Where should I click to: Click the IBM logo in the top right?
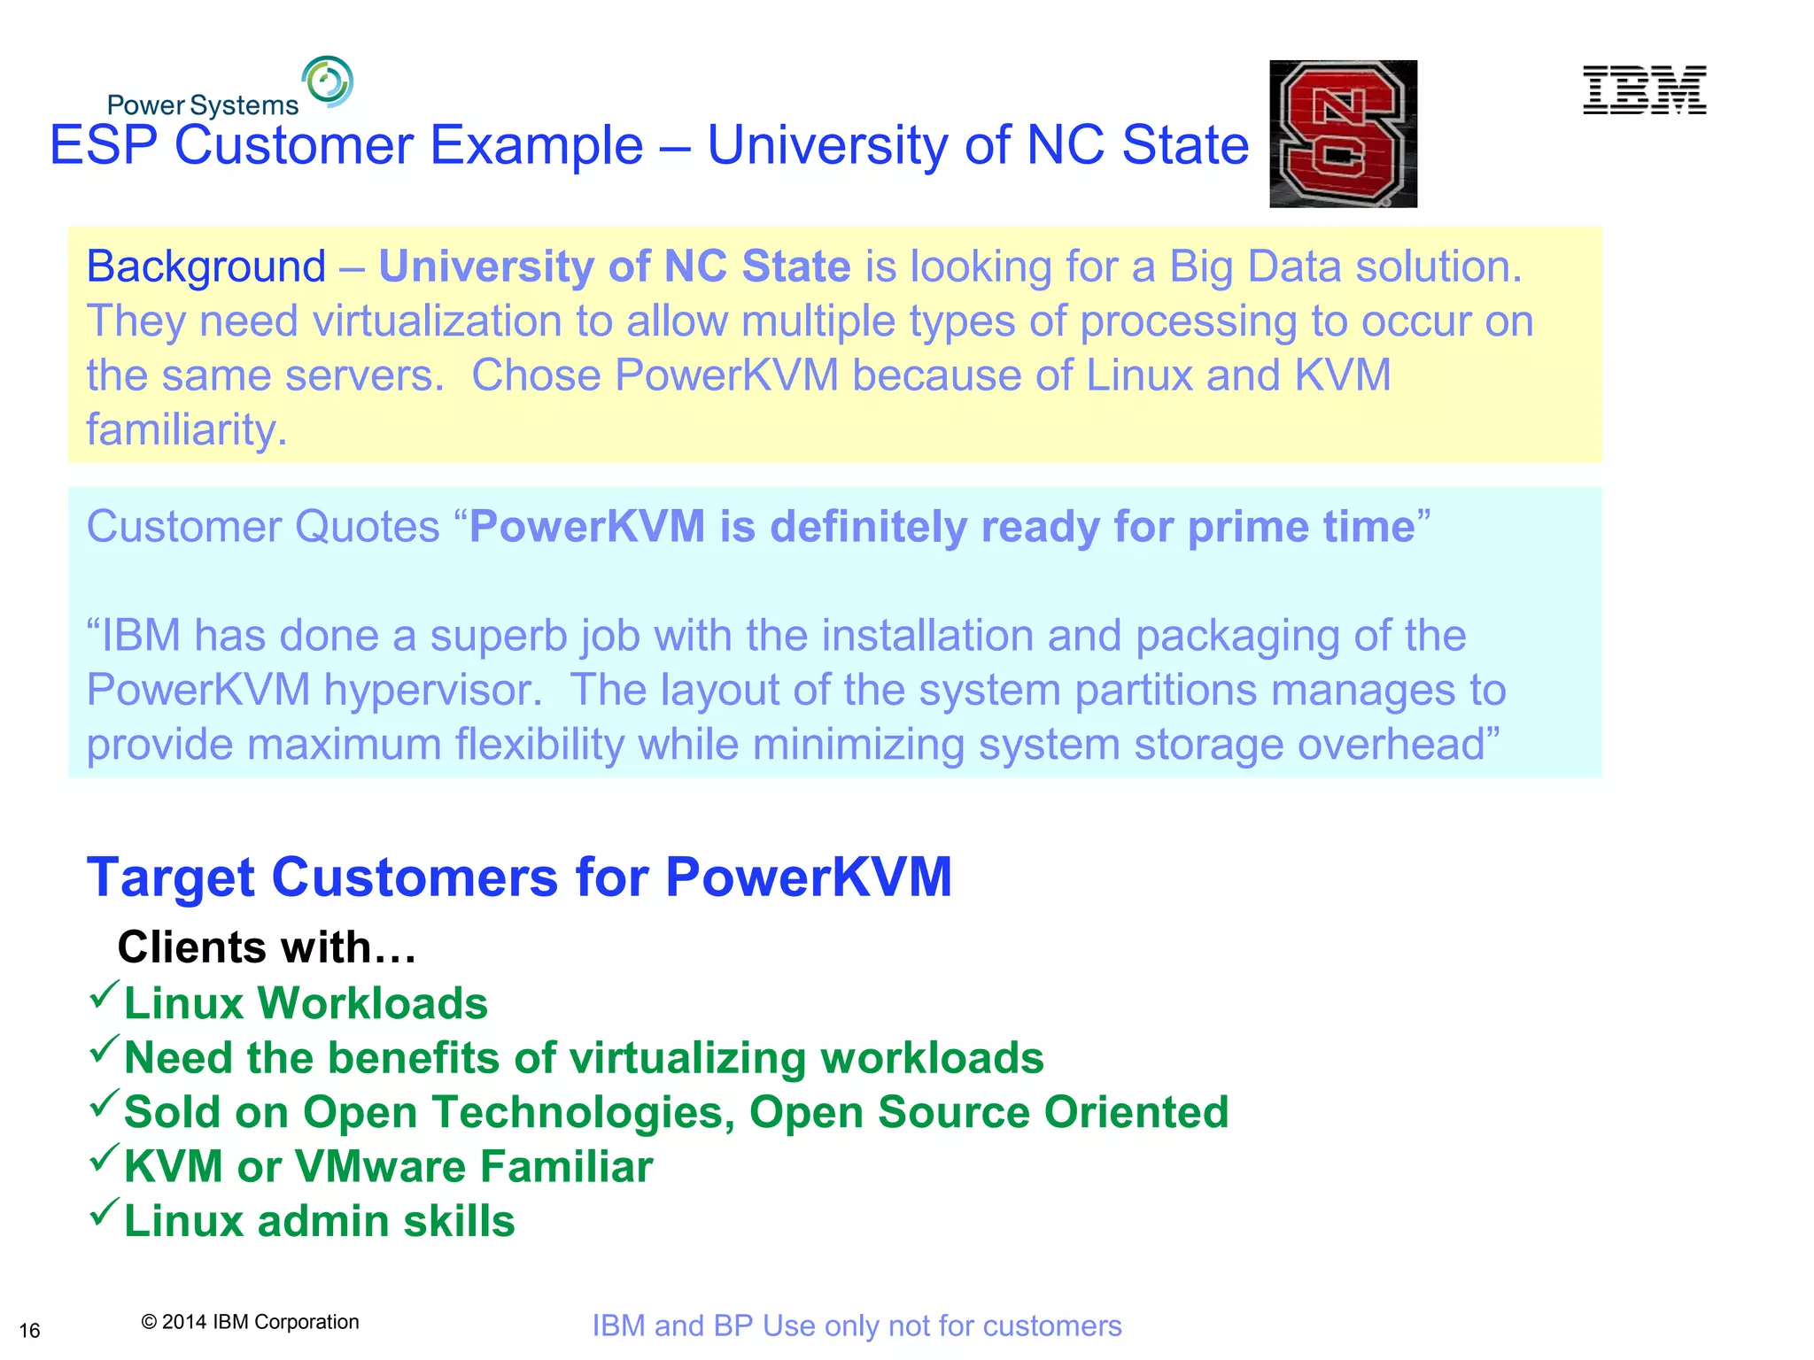point(1644,90)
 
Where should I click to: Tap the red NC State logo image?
point(1343,134)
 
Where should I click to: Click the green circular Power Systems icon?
point(327,81)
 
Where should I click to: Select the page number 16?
point(29,1331)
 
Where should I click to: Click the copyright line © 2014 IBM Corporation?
point(250,1322)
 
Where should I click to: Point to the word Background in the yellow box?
point(205,267)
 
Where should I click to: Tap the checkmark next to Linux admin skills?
point(104,1212)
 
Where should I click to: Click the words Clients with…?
point(267,947)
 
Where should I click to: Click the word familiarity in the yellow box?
point(186,429)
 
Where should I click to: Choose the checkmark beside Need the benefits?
point(104,1049)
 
